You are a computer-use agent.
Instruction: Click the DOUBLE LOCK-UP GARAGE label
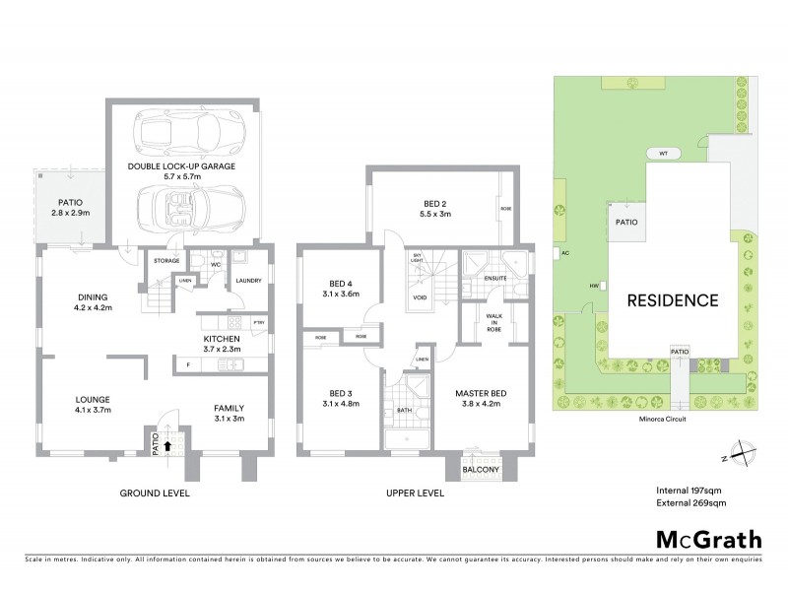pyautogui.click(x=181, y=167)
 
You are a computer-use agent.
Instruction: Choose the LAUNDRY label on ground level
pyautogui.click(x=247, y=281)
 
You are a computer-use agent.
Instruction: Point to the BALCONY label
pyautogui.click(x=481, y=470)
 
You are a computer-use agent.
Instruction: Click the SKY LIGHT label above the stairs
pyautogui.click(x=417, y=258)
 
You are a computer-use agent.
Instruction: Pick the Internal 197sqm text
pyautogui.click(x=690, y=490)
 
